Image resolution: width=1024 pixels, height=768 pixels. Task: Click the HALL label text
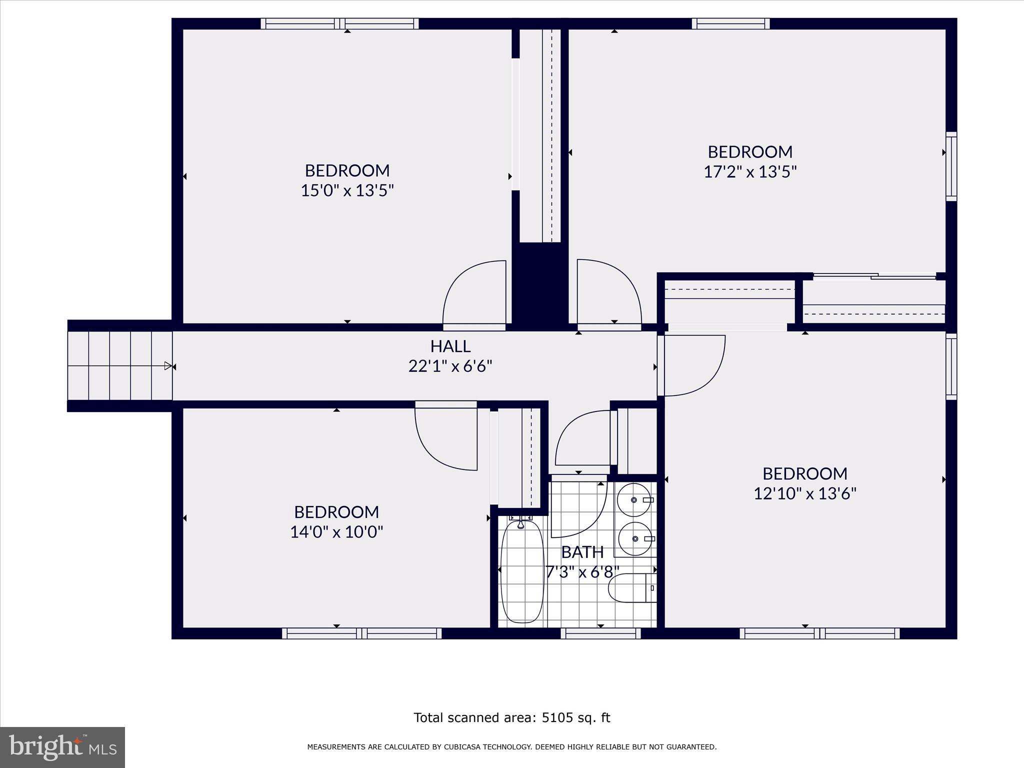(x=450, y=346)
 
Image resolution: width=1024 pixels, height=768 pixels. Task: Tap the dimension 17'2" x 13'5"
(x=749, y=172)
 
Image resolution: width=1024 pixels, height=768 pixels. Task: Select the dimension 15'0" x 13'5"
(x=347, y=190)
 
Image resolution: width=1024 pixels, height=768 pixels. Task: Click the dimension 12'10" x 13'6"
(x=804, y=493)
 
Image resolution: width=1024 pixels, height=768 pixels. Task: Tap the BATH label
(x=582, y=552)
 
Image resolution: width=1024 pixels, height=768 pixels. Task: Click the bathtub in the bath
(x=521, y=571)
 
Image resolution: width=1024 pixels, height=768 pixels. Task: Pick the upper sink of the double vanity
(x=634, y=499)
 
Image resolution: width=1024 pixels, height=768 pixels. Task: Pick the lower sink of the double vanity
(x=635, y=538)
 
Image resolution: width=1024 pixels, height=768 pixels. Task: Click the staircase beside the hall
(x=120, y=366)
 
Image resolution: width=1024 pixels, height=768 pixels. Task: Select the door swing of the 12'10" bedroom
(x=692, y=365)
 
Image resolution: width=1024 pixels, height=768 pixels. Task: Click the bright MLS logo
(x=62, y=747)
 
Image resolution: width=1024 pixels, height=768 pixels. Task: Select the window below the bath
(x=600, y=633)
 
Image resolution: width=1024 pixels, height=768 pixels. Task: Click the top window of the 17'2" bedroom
(x=730, y=23)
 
